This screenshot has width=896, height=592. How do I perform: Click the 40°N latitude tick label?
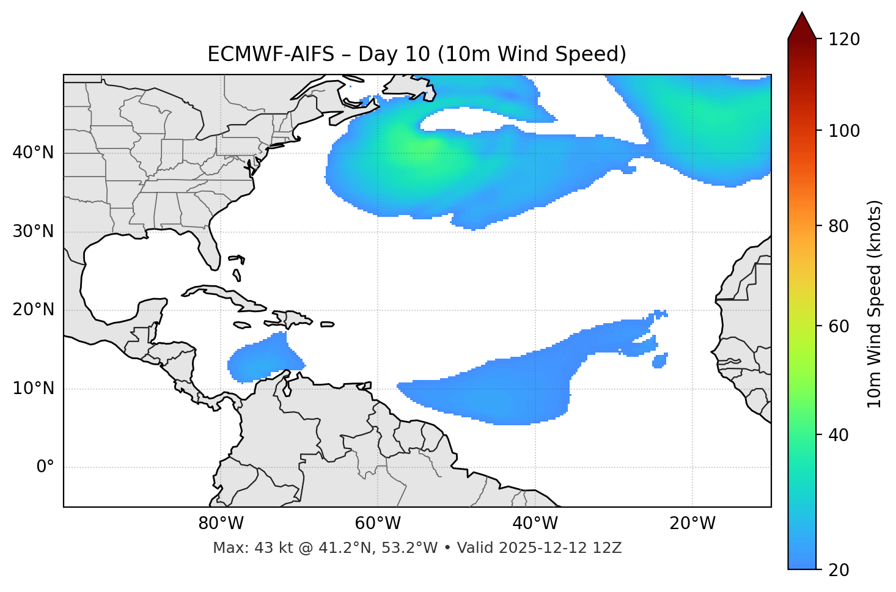point(33,153)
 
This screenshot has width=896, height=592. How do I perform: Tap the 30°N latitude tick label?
point(33,232)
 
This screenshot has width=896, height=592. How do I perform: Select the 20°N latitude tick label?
point(33,310)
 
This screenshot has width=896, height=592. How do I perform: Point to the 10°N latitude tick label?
point(33,389)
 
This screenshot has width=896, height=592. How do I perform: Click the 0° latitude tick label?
point(45,467)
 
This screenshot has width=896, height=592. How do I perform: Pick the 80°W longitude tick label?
point(221,524)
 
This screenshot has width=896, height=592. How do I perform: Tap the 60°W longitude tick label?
point(378,524)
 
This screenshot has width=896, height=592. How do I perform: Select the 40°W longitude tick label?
point(535,524)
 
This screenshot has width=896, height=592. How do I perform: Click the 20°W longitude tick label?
point(692,524)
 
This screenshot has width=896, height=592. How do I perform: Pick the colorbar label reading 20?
point(838,570)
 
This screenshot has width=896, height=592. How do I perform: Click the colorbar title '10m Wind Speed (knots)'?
point(875,304)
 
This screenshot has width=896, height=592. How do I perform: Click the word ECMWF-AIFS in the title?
point(270,54)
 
